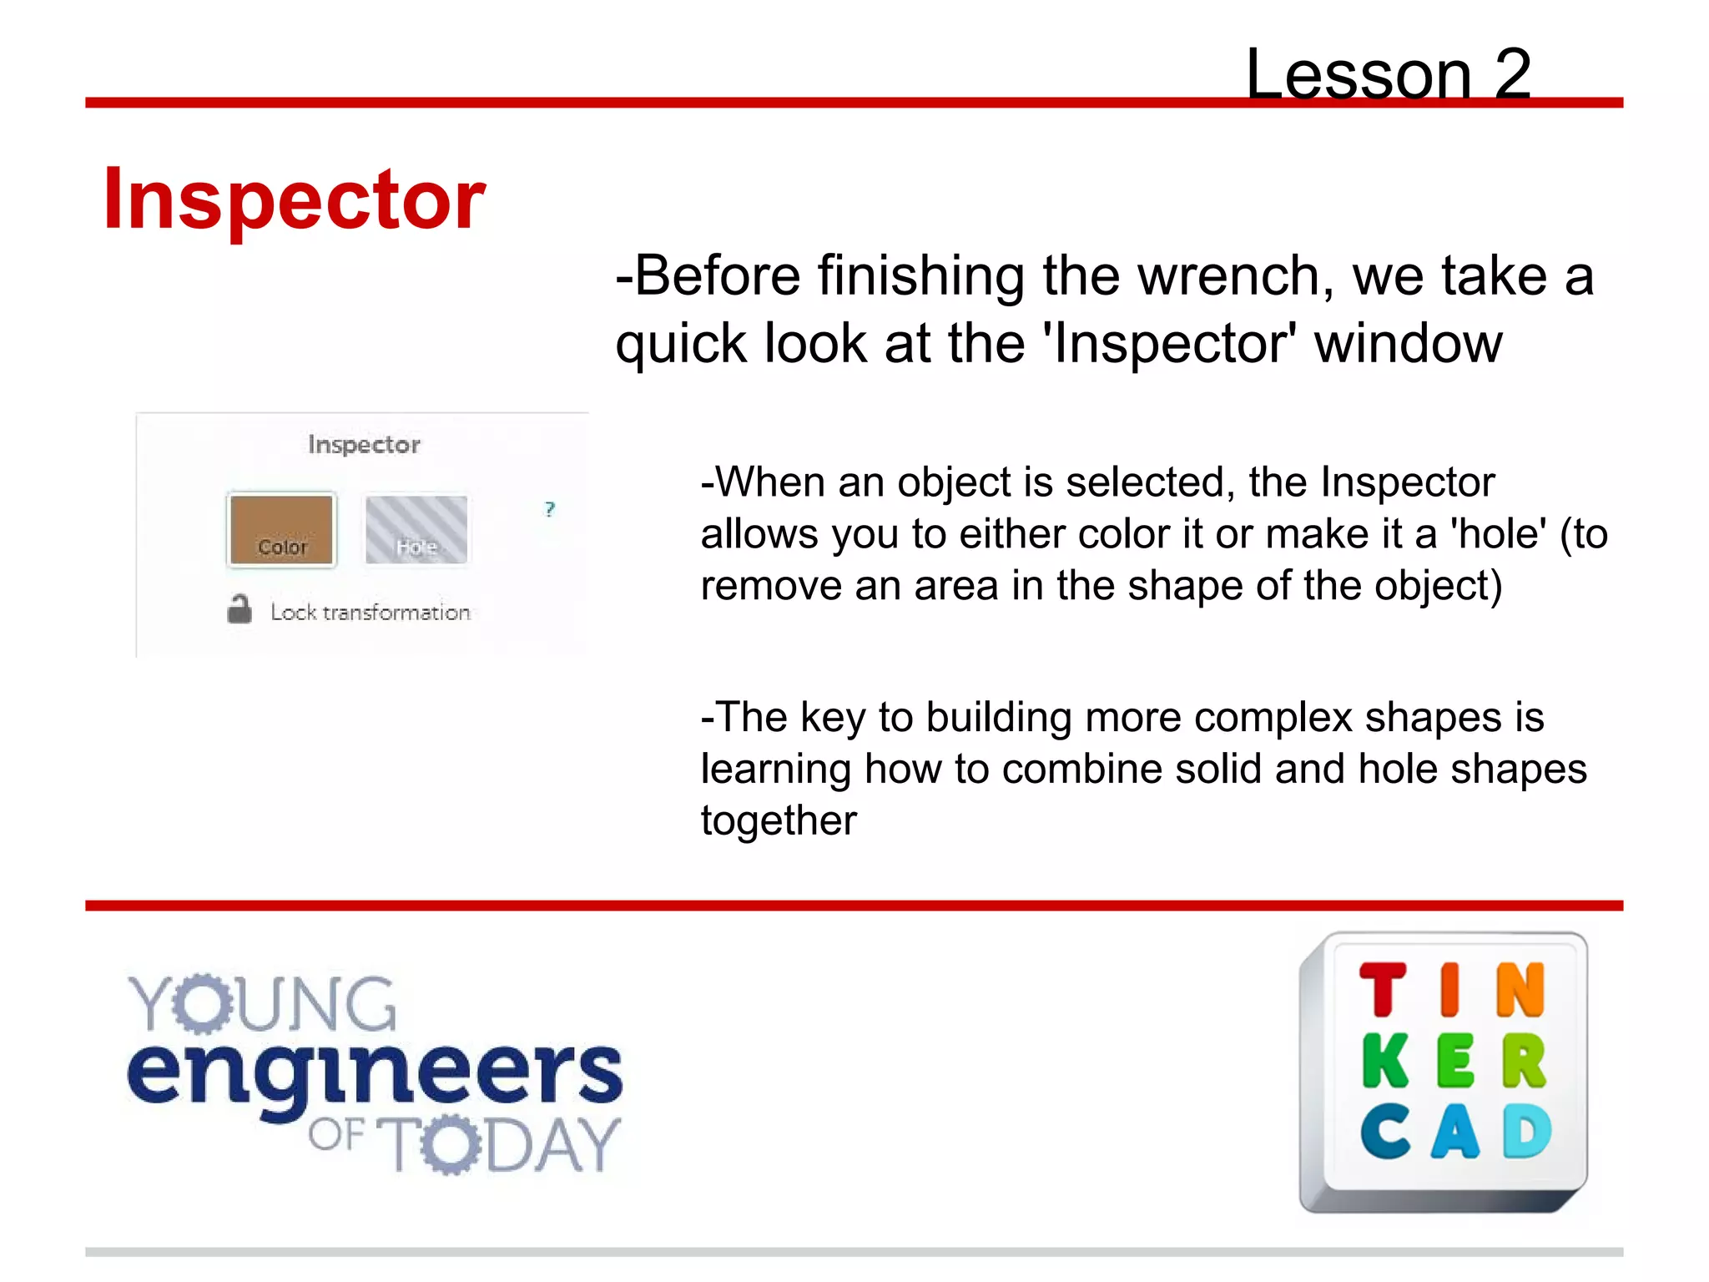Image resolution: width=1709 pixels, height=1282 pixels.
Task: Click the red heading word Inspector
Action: pyautogui.click(x=294, y=200)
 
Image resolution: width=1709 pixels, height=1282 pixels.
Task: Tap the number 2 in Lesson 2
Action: pyautogui.click(x=1512, y=75)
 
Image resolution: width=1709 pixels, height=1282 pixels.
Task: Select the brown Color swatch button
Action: pyautogui.click(x=282, y=530)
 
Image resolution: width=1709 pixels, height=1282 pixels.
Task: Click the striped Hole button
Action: pyautogui.click(x=416, y=530)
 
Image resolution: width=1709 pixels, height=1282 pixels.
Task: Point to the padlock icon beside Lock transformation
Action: pyautogui.click(x=239, y=609)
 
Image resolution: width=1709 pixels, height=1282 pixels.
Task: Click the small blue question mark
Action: pyautogui.click(x=549, y=509)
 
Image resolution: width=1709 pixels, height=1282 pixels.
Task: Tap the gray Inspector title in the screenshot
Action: pyautogui.click(x=364, y=444)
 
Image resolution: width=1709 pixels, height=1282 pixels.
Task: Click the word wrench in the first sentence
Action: pyautogui.click(x=1235, y=277)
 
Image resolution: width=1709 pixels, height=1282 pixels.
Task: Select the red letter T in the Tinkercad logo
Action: pyautogui.click(x=1383, y=990)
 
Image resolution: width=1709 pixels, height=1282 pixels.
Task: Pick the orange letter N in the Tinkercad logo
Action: pyautogui.click(x=1520, y=990)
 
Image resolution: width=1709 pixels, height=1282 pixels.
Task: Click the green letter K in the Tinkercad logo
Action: pyautogui.click(x=1385, y=1062)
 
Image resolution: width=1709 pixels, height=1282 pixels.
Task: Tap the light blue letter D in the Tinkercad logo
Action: pyautogui.click(x=1527, y=1132)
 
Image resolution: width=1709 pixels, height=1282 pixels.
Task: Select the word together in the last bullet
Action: pyautogui.click(x=779, y=820)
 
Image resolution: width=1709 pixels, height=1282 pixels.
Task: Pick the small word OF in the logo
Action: pyautogui.click(x=336, y=1135)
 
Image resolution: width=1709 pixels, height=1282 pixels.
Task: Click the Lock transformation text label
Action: pyautogui.click(x=371, y=613)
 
